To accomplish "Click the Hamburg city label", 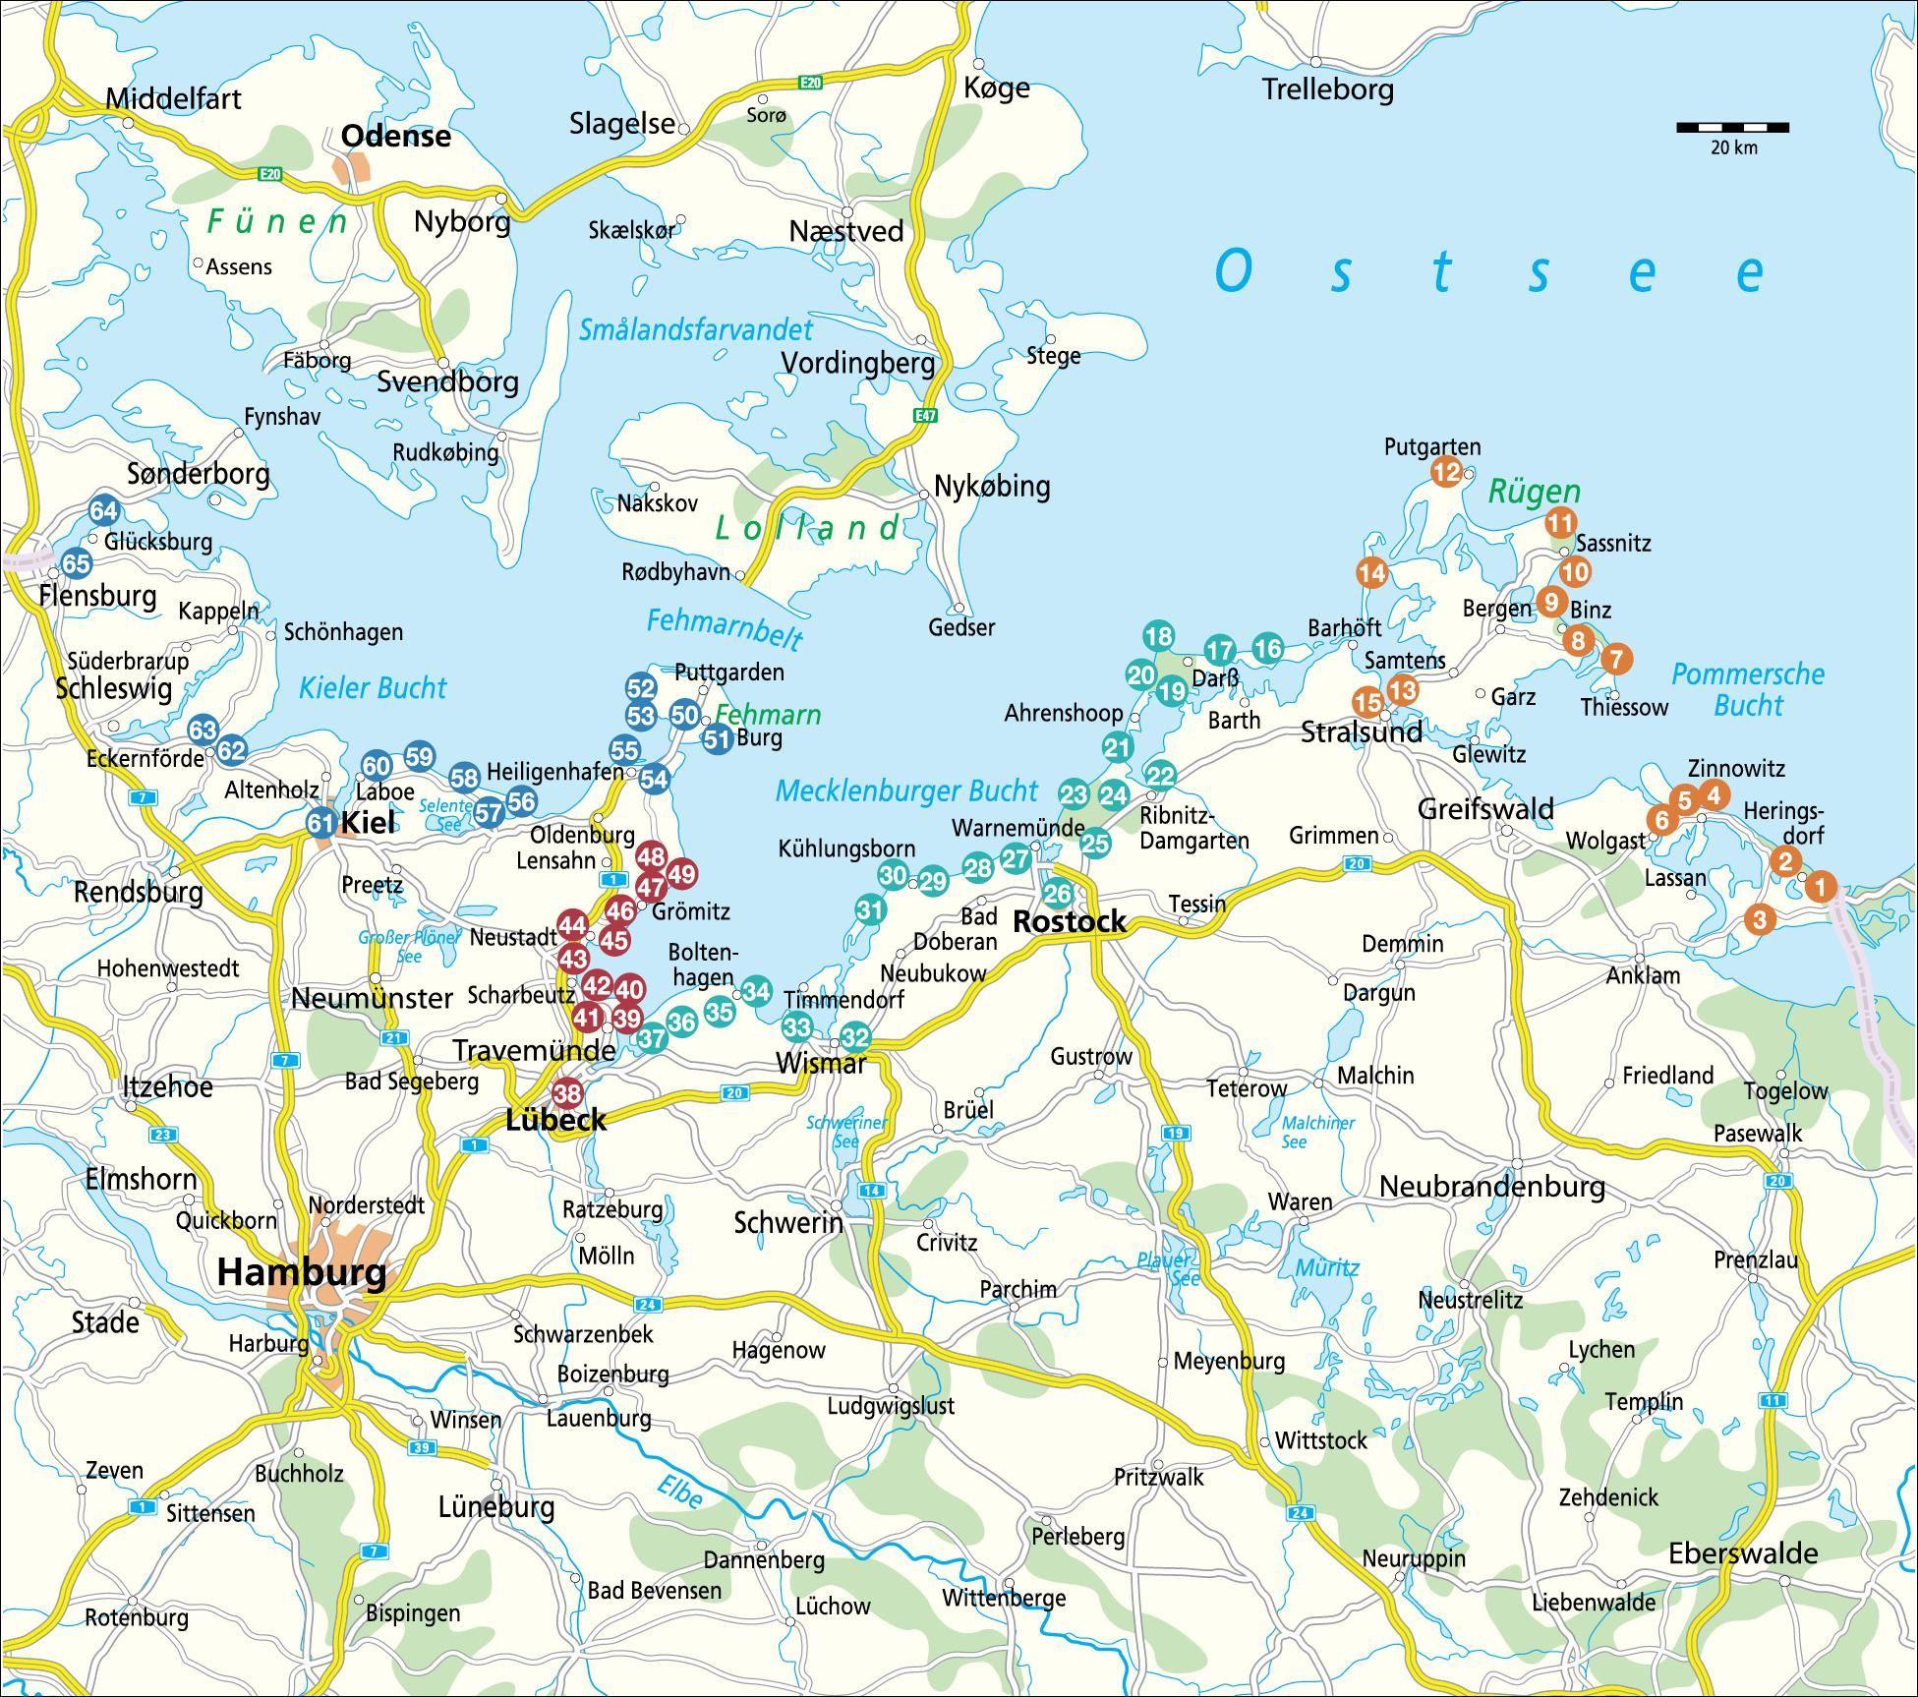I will (301, 1272).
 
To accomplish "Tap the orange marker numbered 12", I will (1446, 472).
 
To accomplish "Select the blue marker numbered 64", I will (104, 510).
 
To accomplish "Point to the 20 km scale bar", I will (1732, 128).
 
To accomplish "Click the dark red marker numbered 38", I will (567, 1092).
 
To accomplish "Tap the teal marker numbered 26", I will (1058, 894).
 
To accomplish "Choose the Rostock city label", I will (1069, 921).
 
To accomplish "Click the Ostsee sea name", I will (1489, 271).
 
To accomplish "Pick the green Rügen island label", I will (1534, 492).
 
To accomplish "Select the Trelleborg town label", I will (1327, 89).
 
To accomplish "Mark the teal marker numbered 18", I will (1159, 636).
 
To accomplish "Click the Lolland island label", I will (806, 529).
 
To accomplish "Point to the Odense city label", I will (395, 136).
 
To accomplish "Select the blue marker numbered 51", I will (719, 739).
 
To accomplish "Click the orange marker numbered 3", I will (1760, 920).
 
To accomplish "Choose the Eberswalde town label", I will (1743, 1553).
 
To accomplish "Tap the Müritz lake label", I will (1327, 1267).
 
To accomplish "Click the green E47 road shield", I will (925, 416).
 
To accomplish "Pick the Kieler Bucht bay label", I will (373, 687).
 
